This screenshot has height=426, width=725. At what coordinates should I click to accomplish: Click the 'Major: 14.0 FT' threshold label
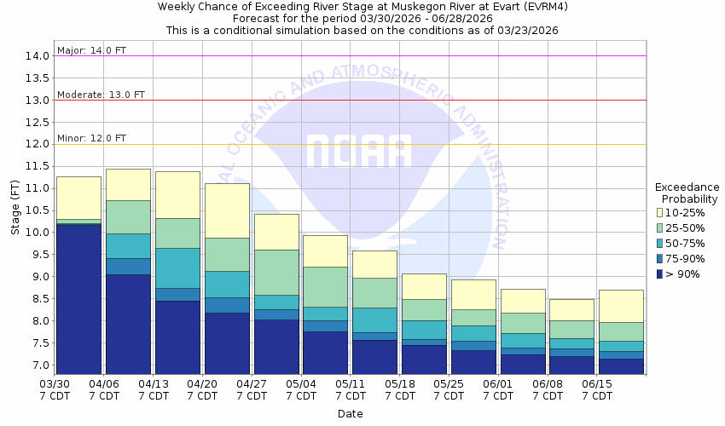[91, 50]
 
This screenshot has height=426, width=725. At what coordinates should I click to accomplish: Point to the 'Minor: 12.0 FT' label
[91, 138]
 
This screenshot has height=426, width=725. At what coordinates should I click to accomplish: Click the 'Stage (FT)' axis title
[15, 210]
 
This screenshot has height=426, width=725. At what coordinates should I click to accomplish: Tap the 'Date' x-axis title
[350, 414]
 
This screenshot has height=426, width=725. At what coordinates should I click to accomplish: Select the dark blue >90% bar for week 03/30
[78, 298]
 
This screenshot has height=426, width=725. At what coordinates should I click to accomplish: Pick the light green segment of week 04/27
[276, 273]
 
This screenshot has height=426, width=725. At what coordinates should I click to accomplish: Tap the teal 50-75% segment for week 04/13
[177, 268]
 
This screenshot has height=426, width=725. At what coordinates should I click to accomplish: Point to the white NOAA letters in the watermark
[358, 152]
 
